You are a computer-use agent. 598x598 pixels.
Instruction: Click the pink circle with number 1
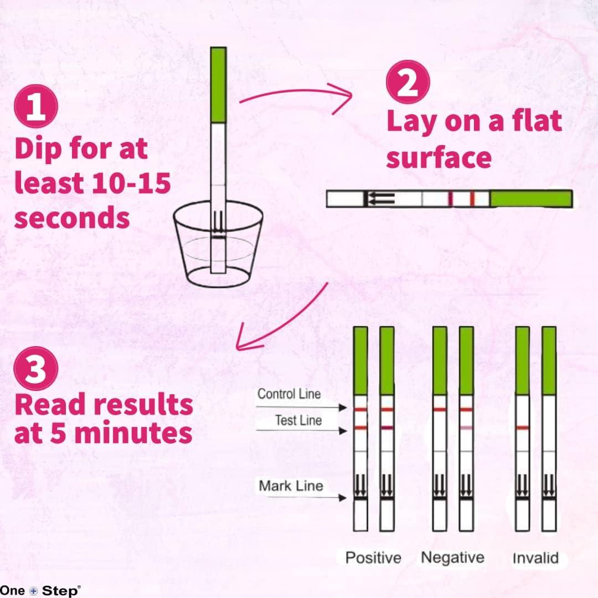[x=37, y=107]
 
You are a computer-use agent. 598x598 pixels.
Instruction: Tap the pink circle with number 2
[x=408, y=83]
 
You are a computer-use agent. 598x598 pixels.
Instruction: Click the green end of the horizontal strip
[x=531, y=199]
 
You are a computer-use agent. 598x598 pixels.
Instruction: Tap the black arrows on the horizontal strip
[x=379, y=198]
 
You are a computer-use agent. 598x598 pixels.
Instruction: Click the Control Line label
[x=289, y=395]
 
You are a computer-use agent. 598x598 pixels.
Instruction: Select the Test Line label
[x=298, y=421]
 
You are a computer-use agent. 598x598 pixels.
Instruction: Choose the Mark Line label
[x=291, y=486]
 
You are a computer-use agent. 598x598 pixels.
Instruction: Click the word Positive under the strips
[x=373, y=557]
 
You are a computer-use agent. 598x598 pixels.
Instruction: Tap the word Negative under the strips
[x=452, y=557]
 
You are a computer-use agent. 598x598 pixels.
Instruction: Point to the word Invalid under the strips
[x=535, y=557]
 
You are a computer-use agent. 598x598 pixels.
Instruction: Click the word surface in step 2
[x=439, y=157]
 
